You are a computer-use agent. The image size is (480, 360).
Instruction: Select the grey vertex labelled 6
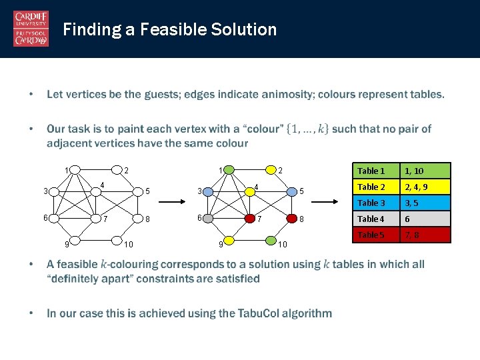click(208, 217)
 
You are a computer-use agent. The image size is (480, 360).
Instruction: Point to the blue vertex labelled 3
click(208, 192)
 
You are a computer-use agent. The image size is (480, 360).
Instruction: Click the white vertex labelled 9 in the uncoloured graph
click(75, 240)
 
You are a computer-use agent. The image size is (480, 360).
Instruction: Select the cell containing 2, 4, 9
click(425, 187)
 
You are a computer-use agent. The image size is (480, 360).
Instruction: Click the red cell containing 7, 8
click(425, 235)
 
